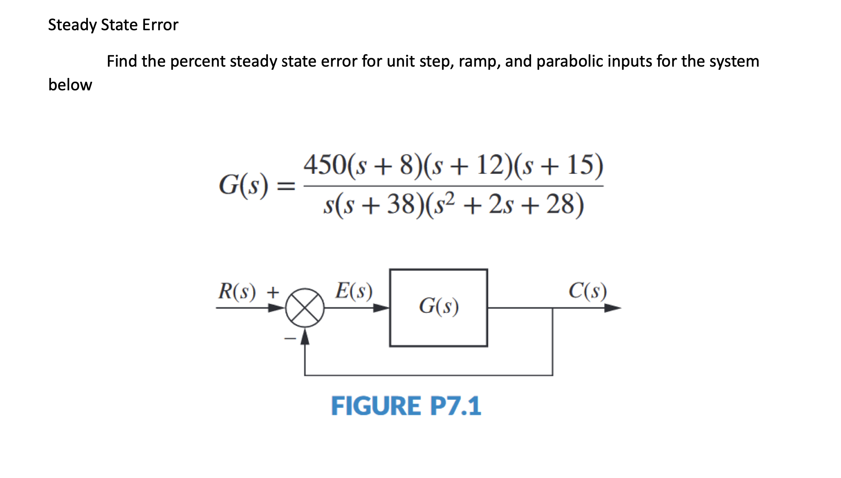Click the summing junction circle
[305, 308]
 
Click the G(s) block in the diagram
[438, 307]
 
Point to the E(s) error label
[354, 291]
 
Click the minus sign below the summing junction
[290, 339]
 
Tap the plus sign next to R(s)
[273, 293]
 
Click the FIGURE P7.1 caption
[406, 406]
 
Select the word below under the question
[70, 85]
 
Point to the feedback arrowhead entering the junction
[305, 337]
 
